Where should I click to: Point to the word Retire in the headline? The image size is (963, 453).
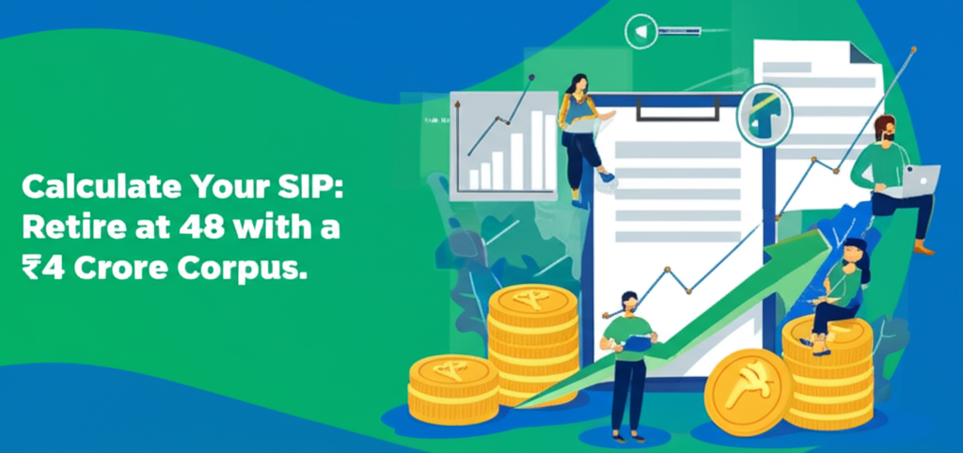pyautogui.click(x=69, y=227)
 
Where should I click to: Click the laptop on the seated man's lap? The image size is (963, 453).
pyautogui.click(x=920, y=179)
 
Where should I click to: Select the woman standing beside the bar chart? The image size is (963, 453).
pyautogui.click(x=581, y=132)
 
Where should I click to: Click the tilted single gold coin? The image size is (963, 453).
pyautogui.click(x=749, y=391)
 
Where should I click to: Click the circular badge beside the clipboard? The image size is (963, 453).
pyautogui.click(x=764, y=115)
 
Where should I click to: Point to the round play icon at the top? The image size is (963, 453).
pyautogui.click(x=639, y=32)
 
